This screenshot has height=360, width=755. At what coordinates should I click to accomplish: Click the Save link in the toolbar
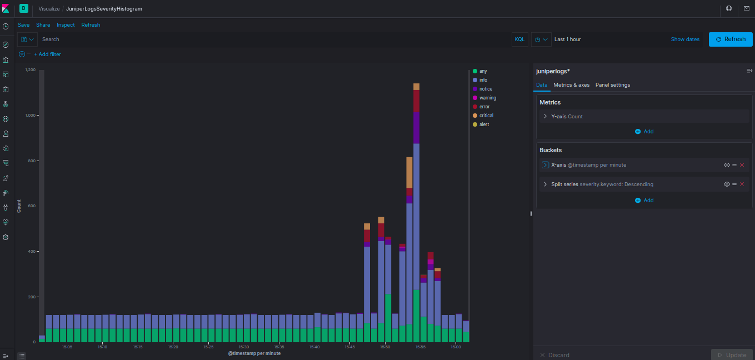(23, 25)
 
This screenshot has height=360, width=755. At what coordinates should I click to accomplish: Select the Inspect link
(66, 25)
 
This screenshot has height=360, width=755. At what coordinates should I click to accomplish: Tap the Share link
(43, 25)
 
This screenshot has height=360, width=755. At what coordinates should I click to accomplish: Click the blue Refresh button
(731, 39)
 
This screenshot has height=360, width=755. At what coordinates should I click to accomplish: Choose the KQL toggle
(519, 39)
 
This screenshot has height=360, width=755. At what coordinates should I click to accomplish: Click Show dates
(685, 39)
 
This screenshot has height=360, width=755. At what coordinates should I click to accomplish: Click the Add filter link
(48, 54)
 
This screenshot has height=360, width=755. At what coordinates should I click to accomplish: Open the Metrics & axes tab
(571, 85)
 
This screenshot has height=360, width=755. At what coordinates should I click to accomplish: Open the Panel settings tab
(612, 85)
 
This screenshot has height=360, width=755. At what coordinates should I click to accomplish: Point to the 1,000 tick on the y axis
(31, 116)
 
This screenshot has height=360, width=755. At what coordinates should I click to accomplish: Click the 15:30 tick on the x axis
(244, 347)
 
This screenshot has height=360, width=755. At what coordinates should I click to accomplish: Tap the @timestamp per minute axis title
(254, 353)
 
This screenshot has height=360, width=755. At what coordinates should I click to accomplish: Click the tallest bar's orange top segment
(416, 87)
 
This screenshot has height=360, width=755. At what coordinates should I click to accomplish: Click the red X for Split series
(742, 184)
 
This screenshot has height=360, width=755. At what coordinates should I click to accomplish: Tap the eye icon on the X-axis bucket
(727, 165)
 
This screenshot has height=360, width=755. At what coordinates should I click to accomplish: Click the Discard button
(554, 355)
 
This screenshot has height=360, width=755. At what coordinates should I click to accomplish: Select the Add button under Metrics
(644, 132)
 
